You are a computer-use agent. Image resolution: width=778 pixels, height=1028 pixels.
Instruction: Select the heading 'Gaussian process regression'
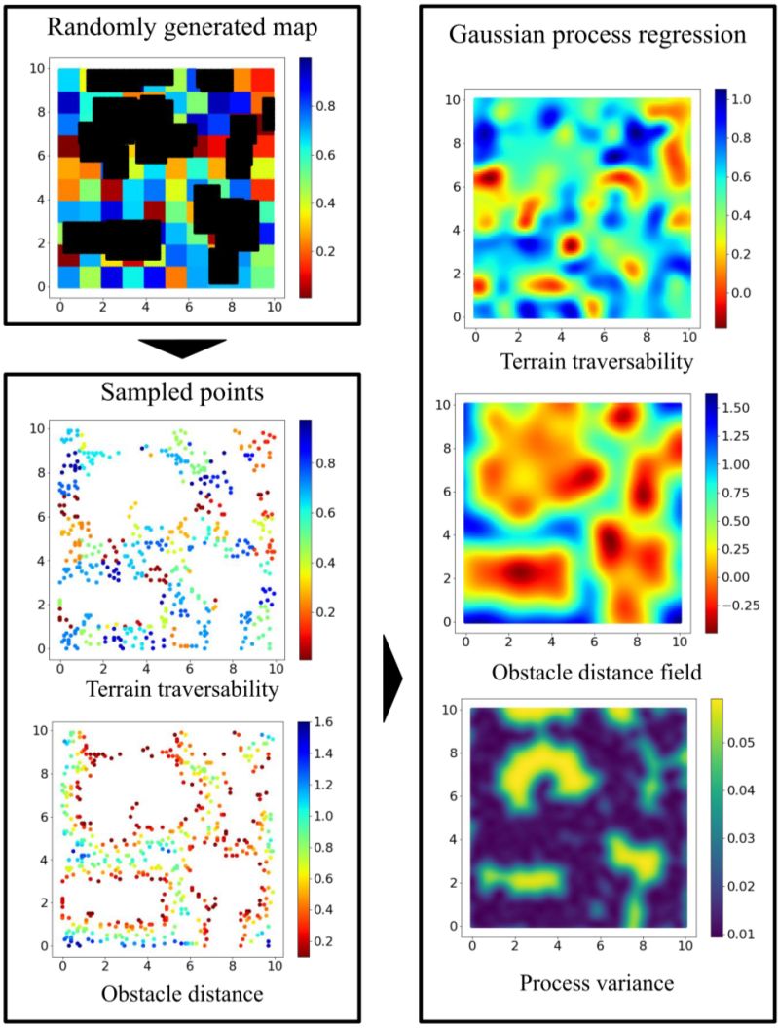tap(597, 36)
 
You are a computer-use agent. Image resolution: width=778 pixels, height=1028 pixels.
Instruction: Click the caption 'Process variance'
tap(596, 983)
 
